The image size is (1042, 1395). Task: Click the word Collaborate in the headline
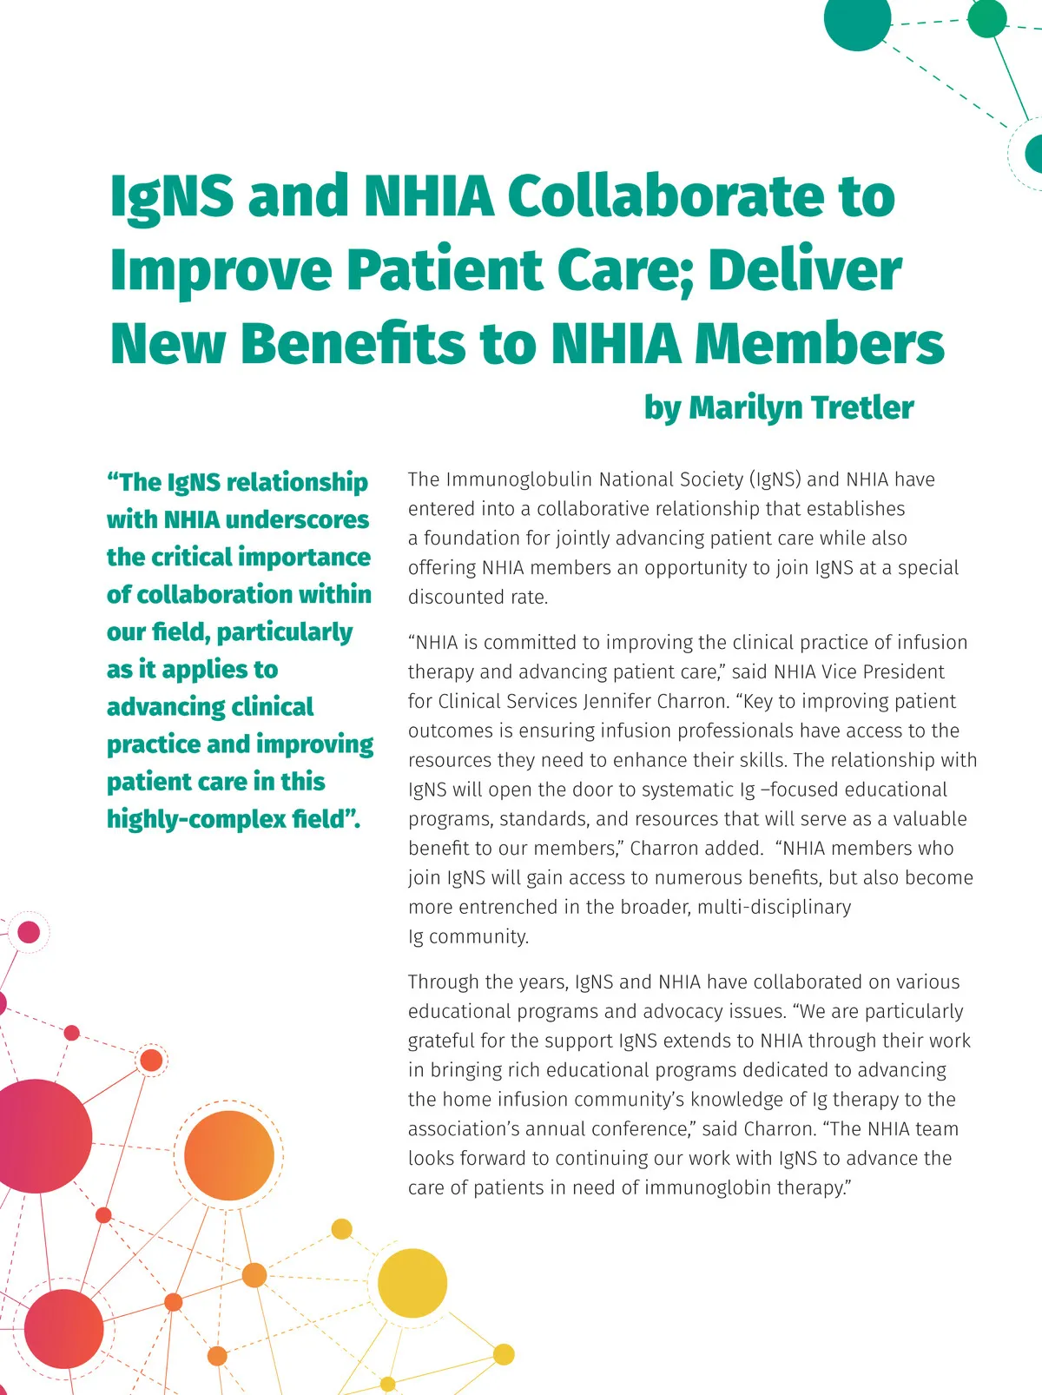701,196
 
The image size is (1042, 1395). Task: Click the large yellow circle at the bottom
412,1283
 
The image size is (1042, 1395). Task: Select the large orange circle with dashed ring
229,1155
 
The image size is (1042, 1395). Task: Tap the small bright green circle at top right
986,19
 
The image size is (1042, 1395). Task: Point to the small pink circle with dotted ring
30,932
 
